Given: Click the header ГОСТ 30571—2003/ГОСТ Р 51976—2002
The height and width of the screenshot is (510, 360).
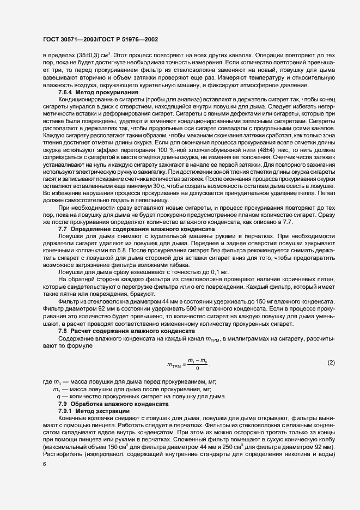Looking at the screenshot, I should click(100, 40).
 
